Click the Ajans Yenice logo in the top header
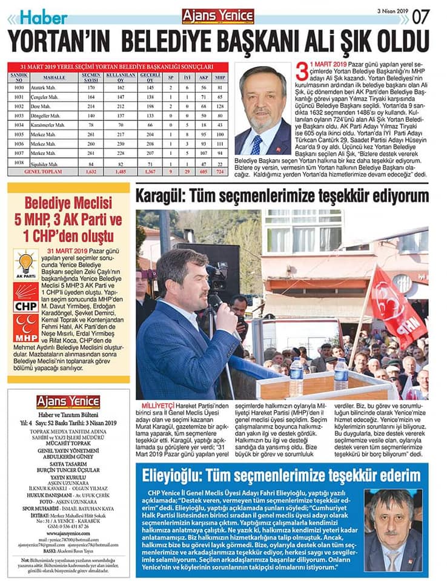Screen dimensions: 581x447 tap(217, 16)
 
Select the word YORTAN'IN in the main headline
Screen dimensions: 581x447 tap(59, 41)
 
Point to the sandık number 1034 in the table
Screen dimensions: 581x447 tap(19, 125)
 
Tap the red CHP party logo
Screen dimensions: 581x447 tap(25, 298)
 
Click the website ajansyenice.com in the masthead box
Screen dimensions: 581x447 tap(67, 533)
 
